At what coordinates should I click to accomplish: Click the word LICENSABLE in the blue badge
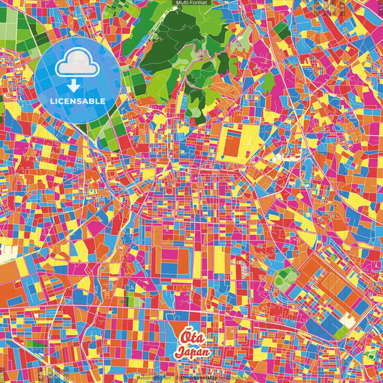click(x=78, y=101)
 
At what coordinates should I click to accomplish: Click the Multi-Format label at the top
click(x=192, y=3)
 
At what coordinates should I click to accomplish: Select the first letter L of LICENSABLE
click(x=52, y=101)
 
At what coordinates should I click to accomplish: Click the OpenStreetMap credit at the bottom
click(x=203, y=377)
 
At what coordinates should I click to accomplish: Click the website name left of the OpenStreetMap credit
click(x=153, y=377)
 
